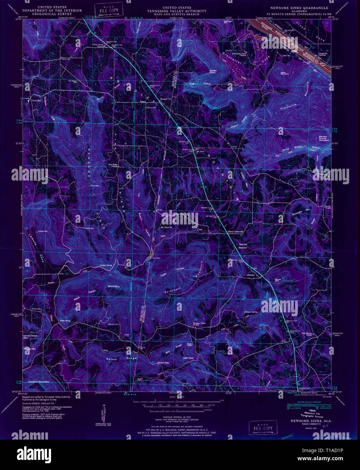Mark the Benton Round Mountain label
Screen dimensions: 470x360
tap(324, 138)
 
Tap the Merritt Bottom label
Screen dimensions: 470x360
tap(243, 246)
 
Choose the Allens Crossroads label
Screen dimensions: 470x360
tap(236, 232)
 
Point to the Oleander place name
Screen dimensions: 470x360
tap(250, 275)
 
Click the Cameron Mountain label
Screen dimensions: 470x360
tap(39, 381)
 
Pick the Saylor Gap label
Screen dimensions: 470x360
tap(163, 362)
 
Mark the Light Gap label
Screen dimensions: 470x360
tap(188, 358)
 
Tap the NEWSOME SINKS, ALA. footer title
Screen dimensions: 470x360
tap(306, 421)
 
